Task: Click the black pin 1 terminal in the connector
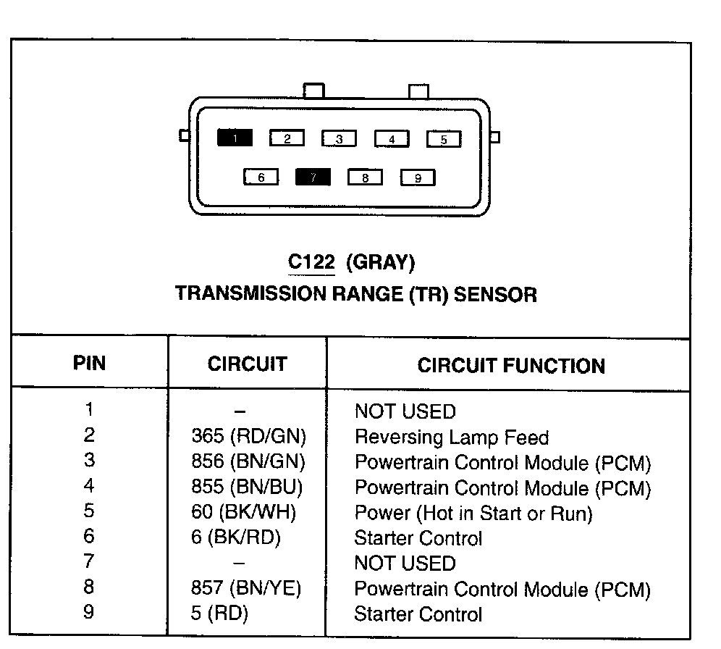pos(235,138)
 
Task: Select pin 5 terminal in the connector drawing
pos(444,139)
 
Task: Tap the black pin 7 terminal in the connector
pos(313,177)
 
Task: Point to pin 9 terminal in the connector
pos(418,177)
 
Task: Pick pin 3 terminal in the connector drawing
pos(340,139)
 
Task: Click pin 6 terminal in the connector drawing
pos(261,177)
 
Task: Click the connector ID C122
pos(311,262)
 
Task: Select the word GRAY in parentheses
pos(381,262)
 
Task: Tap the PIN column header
pos(89,363)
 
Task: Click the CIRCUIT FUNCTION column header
pos(511,365)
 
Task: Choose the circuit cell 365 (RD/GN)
pos(249,436)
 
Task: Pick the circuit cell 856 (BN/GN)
pos(248,461)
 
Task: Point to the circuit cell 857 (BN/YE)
pos(246,589)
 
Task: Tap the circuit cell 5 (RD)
pos(219,614)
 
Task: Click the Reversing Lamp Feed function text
pos(451,437)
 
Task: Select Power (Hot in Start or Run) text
pos(473,514)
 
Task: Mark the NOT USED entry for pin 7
pos(405,564)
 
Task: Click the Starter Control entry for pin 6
pos(418,538)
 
